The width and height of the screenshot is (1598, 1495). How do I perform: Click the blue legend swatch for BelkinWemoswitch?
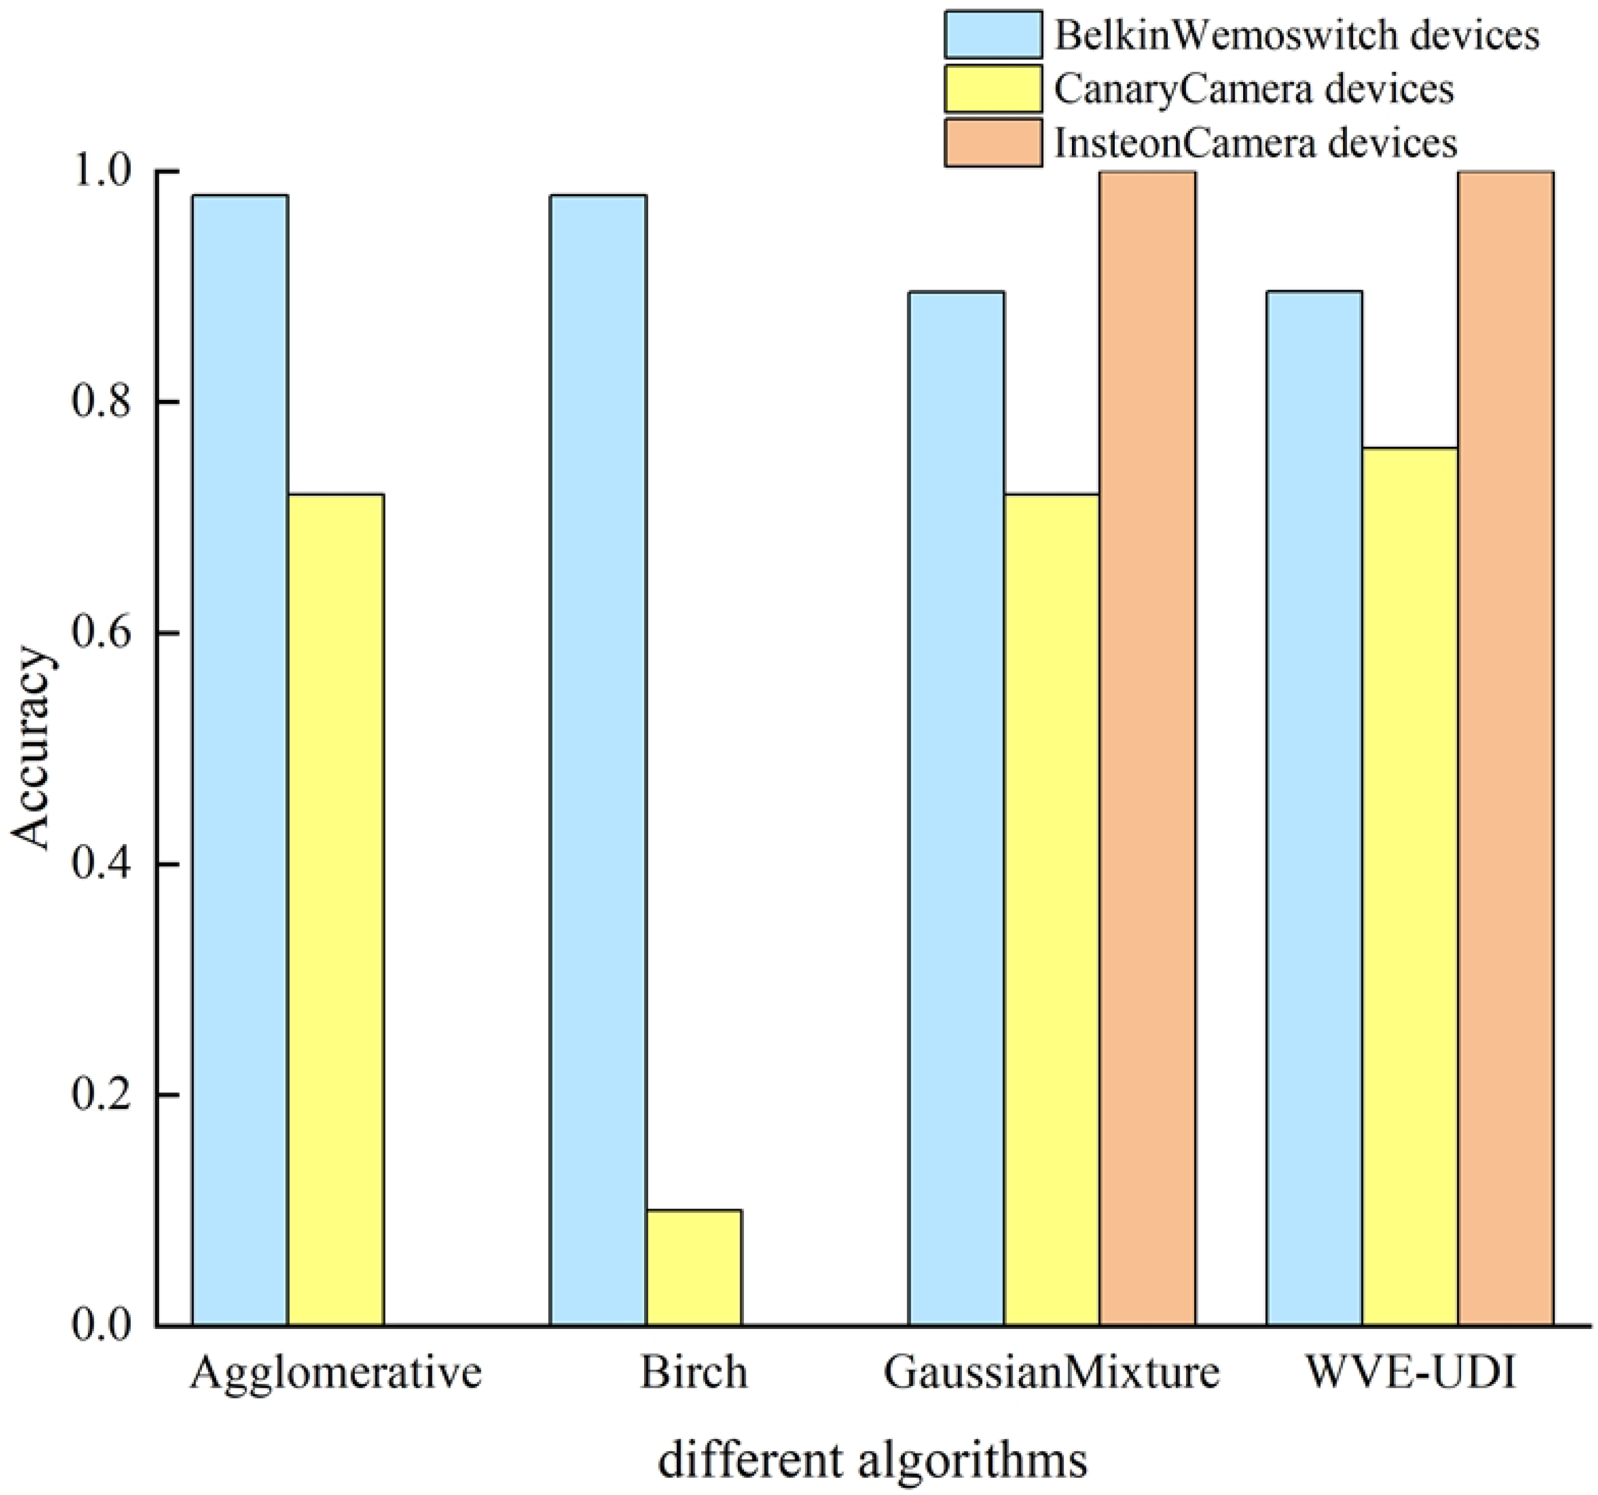(x=993, y=35)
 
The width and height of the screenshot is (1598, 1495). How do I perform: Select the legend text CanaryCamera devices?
(x=1254, y=88)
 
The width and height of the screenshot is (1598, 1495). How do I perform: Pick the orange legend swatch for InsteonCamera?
(x=993, y=143)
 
